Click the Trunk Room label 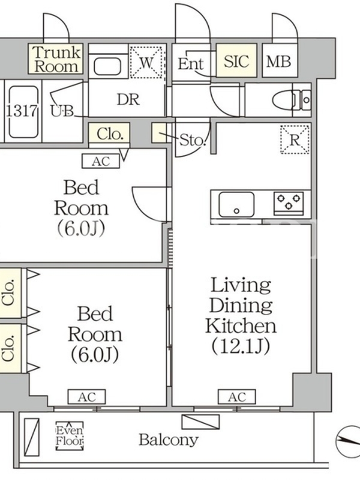click(x=56, y=59)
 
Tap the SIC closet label click(x=236, y=61)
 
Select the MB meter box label click(x=278, y=61)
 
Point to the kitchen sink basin click(x=236, y=204)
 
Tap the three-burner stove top click(x=289, y=202)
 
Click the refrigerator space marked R click(x=295, y=140)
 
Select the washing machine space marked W click(x=146, y=62)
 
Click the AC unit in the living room click(x=236, y=397)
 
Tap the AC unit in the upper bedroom click(x=101, y=161)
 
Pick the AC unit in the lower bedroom click(x=86, y=397)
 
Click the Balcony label click(x=169, y=440)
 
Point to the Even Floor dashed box click(x=70, y=436)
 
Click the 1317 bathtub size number click(x=22, y=110)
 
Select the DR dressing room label click(x=128, y=100)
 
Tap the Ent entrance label click(x=191, y=64)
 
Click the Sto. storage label click(x=192, y=140)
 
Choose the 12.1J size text click(x=241, y=346)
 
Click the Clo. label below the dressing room click(x=110, y=134)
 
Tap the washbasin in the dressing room click(x=107, y=66)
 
